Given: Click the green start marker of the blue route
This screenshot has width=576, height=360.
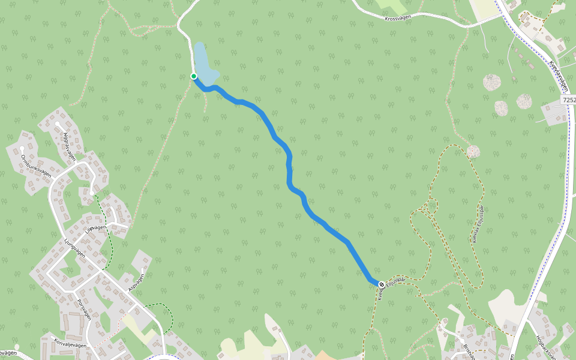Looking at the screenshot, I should (194, 76).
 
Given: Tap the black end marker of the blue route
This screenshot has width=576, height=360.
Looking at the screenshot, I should (381, 284).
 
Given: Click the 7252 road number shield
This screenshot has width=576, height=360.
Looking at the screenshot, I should (569, 100).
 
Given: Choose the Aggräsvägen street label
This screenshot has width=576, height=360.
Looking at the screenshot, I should (69, 146).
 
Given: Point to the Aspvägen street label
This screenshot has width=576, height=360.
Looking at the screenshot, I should (137, 283).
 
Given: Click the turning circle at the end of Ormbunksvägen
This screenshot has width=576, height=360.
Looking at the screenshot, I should (22, 148).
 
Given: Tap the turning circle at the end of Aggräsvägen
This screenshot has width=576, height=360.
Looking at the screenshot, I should (58, 124).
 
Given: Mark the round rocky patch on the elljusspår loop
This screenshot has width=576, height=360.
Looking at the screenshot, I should (473, 151).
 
